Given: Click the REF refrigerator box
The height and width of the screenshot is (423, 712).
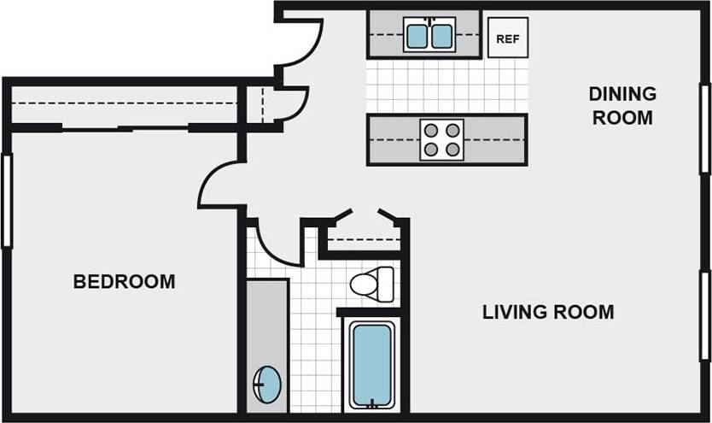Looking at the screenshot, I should coord(508,38).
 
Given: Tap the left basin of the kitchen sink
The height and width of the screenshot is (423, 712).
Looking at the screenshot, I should coord(417,36).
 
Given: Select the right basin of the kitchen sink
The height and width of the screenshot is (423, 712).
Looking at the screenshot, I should coord(442,36).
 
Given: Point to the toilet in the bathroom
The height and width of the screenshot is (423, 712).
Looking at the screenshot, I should coord(373,285).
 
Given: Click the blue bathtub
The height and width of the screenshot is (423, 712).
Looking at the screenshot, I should coord(371,364).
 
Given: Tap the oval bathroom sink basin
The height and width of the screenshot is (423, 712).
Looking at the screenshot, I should coord(268,384).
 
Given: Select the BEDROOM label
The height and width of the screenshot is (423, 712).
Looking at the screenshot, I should coord(124,281).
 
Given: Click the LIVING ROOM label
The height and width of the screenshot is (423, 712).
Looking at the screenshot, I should coord(547,312).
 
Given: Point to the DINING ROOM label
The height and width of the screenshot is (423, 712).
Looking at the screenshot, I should coord(622,105).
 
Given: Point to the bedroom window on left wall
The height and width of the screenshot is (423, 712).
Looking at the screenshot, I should coord(7,200).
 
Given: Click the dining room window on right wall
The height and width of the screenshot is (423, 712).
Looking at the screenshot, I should coord(705,128).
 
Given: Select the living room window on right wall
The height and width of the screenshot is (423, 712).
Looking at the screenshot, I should coord(705,315).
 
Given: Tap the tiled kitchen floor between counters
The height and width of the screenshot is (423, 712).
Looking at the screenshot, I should coord(446,86).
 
